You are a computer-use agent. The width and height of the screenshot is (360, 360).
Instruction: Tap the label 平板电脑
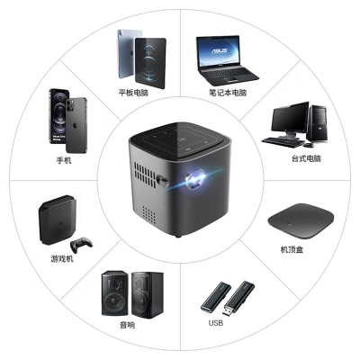(133, 92)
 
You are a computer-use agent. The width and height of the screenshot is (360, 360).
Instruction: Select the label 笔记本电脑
(228, 92)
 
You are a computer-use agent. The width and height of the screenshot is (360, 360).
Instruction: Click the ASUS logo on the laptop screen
(220, 50)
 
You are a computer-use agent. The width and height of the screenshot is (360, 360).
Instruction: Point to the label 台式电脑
(306, 158)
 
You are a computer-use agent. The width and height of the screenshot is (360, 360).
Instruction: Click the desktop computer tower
(317, 124)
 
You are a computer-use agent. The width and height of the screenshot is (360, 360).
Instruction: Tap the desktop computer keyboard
(283, 141)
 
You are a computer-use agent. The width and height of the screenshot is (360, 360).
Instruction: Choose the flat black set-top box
(301, 220)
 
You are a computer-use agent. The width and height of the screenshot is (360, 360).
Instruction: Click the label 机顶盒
(292, 249)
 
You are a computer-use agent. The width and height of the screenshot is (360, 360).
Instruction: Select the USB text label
(216, 323)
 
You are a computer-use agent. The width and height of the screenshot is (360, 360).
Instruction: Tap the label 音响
(128, 325)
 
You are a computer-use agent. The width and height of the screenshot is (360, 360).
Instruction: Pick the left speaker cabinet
(115, 293)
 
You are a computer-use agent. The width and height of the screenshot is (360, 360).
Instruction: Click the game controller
(81, 245)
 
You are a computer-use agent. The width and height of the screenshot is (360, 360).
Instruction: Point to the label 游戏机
(62, 258)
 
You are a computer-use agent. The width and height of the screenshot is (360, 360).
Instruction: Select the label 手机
(64, 160)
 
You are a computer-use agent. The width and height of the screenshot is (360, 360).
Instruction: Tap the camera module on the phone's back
(71, 104)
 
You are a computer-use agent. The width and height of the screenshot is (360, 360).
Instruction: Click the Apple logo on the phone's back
(76, 124)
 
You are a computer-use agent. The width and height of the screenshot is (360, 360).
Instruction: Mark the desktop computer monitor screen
(290, 117)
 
